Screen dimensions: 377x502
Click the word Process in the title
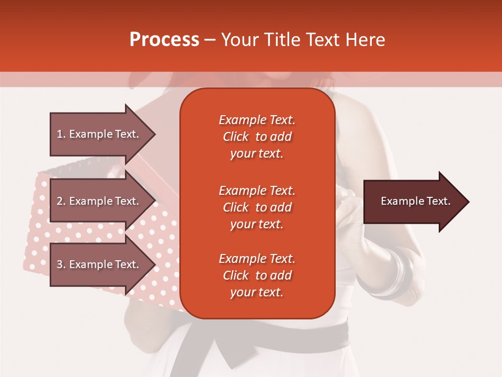(164, 40)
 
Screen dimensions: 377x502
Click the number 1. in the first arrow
(61, 134)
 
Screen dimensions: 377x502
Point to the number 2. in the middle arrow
(61, 201)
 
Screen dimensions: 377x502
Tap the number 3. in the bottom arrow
(61, 264)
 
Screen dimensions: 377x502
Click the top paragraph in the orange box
(257, 137)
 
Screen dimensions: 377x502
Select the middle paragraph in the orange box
(257, 207)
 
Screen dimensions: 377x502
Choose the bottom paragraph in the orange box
(257, 275)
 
